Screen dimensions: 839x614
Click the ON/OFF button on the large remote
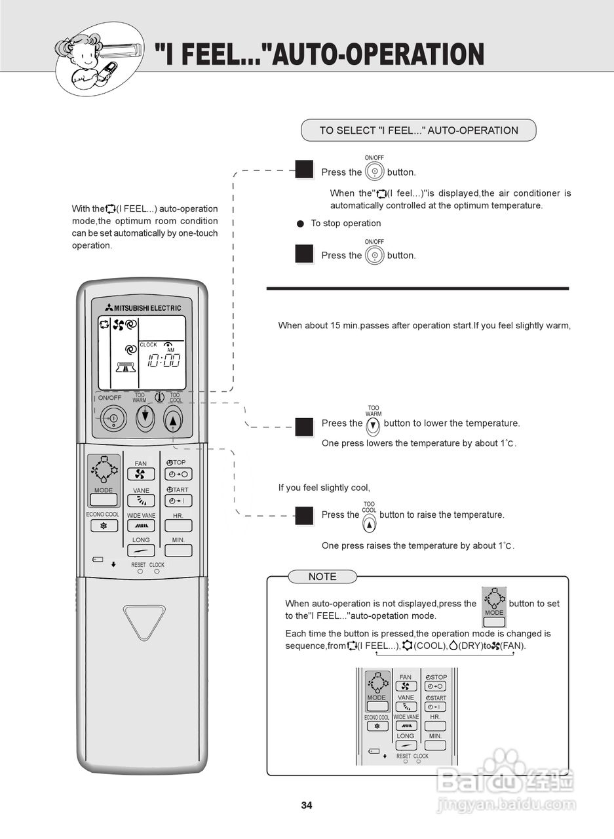tap(113, 418)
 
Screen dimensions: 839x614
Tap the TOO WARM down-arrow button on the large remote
tap(145, 418)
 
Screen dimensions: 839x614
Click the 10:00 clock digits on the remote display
tap(163, 360)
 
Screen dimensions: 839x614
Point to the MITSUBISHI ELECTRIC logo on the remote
tap(142, 307)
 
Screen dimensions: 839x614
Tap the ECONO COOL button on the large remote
tap(103, 526)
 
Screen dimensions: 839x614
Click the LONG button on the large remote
tap(141, 551)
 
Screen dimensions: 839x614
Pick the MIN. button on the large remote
tap(178, 551)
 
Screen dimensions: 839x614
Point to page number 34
tap(307, 805)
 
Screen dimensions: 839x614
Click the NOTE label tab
tap(322, 577)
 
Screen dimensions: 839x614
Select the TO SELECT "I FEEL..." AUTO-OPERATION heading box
tap(418, 130)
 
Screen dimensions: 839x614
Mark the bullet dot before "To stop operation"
tap(301, 224)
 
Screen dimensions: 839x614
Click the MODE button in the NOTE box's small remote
tap(377, 707)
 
